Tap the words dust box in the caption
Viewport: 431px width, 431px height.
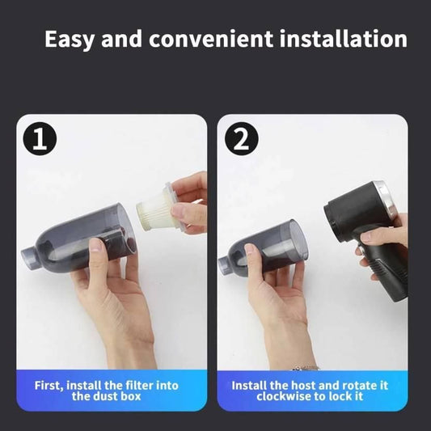click(118, 397)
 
